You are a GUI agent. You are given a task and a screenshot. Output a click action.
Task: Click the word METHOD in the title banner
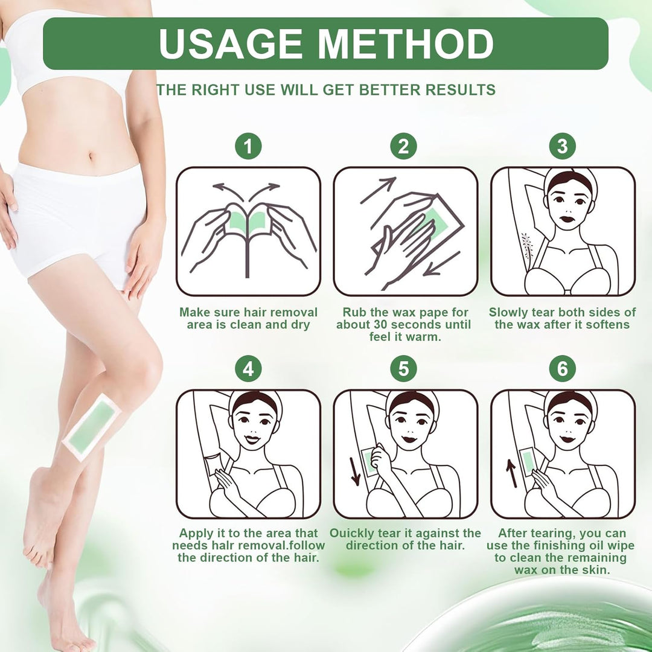(406, 43)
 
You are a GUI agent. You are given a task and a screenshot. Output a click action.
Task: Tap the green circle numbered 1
(248, 146)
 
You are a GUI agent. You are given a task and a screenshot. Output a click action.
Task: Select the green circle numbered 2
(403, 146)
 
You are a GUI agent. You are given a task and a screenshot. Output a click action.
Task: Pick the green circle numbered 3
(562, 146)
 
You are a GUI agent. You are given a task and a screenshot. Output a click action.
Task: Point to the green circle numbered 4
(248, 369)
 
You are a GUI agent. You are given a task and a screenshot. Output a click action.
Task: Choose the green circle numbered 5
(403, 369)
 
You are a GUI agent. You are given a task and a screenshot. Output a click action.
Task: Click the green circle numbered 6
(562, 369)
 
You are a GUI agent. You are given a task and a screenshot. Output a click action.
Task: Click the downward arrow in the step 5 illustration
(355, 471)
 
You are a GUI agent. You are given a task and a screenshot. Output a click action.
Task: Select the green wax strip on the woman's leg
(92, 428)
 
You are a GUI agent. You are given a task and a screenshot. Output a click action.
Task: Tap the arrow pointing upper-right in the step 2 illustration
(378, 190)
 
